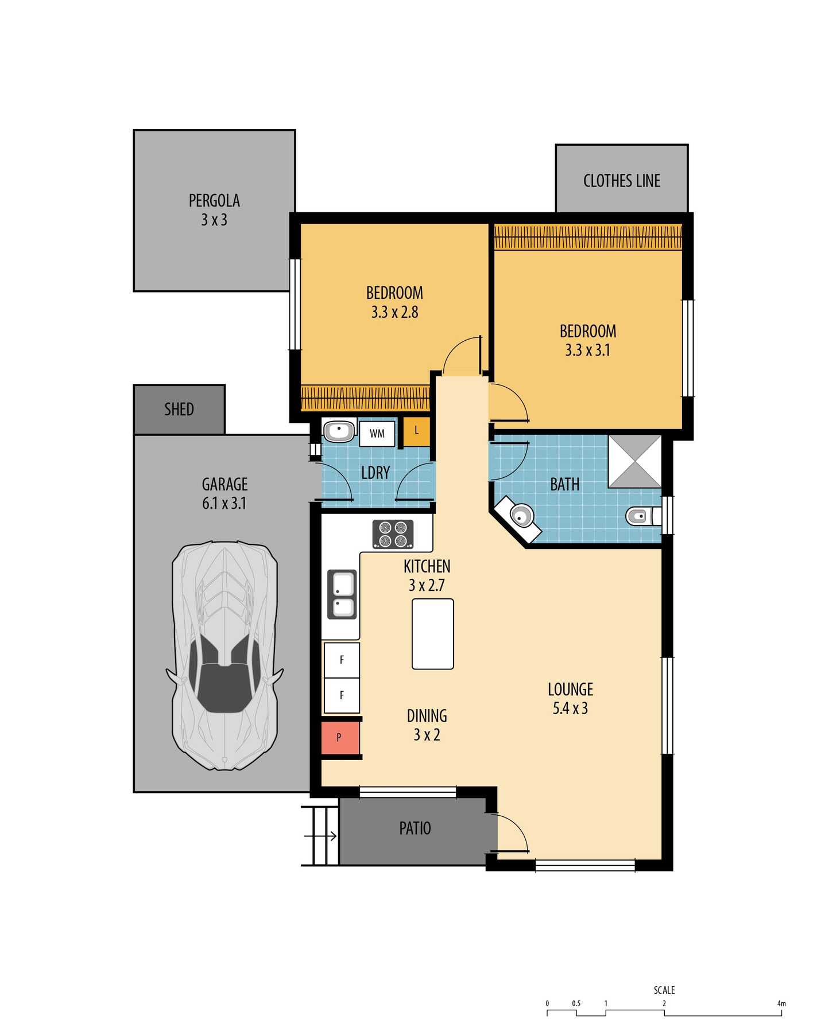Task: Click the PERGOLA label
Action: pyautogui.click(x=214, y=200)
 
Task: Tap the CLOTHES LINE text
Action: pyautogui.click(x=622, y=181)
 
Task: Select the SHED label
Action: pyautogui.click(x=179, y=409)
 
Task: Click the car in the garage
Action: pyautogui.click(x=225, y=655)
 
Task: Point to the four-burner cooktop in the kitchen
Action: pyautogui.click(x=393, y=534)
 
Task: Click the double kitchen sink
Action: pyautogui.click(x=342, y=594)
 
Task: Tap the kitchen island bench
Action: pyautogui.click(x=433, y=634)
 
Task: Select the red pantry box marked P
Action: pyautogui.click(x=340, y=737)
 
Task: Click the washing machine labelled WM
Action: pyautogui.click(x=377, y=434)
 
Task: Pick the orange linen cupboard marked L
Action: pyautogui.click(x=416, y=431)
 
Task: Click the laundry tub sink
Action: pyautogui.click(x=339, y=430)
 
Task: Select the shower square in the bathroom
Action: pyautogui.click(x=635, y=462)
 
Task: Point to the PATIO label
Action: pyautogui.click(x=415, y=828)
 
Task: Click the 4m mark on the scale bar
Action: pyautogui.click(x=781, y=1003)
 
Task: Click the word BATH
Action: pyautogui.click(x=565, y=484)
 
